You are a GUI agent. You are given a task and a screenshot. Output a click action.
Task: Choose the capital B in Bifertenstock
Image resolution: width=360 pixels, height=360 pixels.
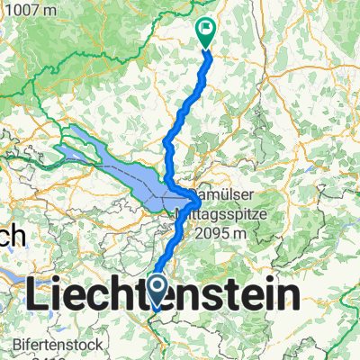pos(17,344)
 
